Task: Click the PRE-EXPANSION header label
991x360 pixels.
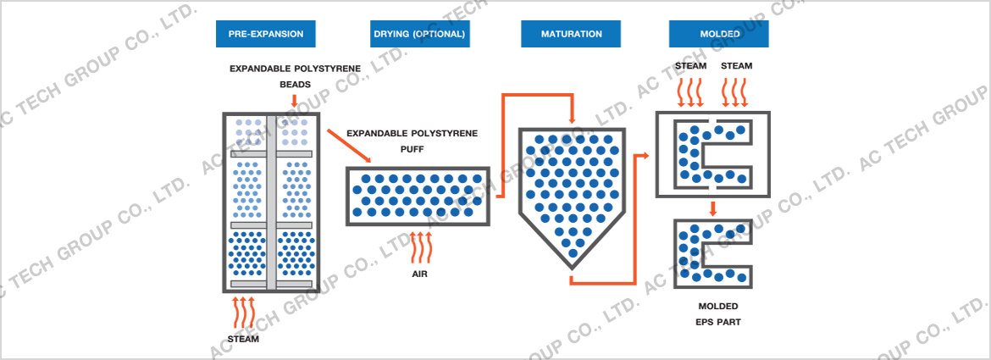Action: [265, 34]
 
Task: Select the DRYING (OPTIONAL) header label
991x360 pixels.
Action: [419, 34]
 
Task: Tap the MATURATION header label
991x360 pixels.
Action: [572, 34]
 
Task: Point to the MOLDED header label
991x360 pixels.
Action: [720, 34]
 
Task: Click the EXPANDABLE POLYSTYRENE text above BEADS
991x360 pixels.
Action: [295, 68]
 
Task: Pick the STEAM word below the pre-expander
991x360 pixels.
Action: [243, 339]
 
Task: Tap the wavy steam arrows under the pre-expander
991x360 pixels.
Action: [243, 313]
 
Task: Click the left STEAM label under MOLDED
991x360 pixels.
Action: [690, 65]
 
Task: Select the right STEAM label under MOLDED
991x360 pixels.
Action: [736, 65]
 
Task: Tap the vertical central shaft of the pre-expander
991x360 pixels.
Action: [271, 203]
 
